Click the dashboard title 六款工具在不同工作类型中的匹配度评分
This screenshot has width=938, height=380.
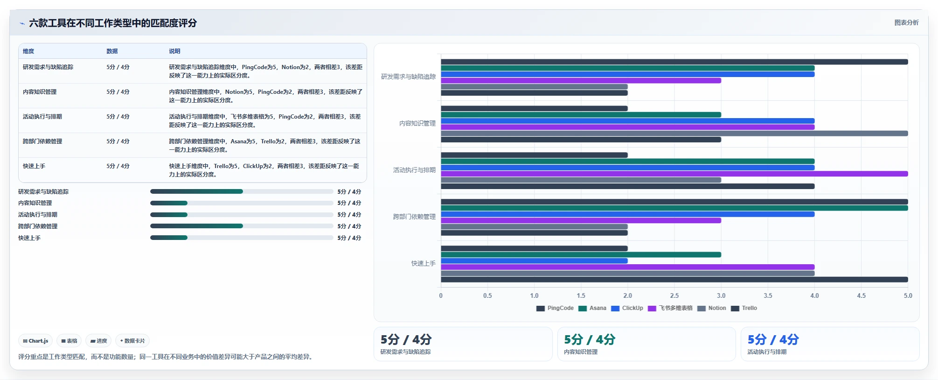pyautogui.click(x=113, y=23)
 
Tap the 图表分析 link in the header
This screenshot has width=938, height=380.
pyautogui.click(x=906, y=22)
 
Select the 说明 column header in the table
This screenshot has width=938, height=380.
pyautogui.click(x=174, y=51)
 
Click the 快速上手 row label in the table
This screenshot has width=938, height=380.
pyautogui.click(x=34, y=166)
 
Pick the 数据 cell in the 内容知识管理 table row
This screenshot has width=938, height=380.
pyautogui.click(x=118, y=92)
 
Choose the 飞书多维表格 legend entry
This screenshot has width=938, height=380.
pyautogui.click(x=670, y=308)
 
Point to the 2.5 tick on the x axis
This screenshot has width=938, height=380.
pyautogui.click(x=674, y=296)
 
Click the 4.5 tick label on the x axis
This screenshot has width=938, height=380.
pyautogui.click(x=861, y=296)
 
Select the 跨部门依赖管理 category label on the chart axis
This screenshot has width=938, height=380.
pyautogui.click(x=414, y=217)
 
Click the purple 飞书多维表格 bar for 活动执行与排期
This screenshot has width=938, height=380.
pyautogui.click(x=674, y=174)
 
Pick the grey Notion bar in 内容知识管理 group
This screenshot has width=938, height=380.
pyautogui.click(x=674, y=134)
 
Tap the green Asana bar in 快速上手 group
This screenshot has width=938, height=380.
pyautogui.click(x=581, y=255)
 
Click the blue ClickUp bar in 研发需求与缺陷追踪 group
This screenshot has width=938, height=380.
pyautogui.click(x=627, y=74)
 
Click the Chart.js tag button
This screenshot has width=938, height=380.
pyautogui.click(x=35, y=341)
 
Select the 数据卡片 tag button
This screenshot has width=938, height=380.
pyautogui.click(x=132, y=341)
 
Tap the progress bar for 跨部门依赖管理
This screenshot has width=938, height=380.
pyautogui.click(x=242, y=226)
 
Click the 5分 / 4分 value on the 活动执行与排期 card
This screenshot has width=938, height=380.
pyautogui.click(x=773, y=339)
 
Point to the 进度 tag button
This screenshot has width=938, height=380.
pyautogui.click(x=98, y=341)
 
